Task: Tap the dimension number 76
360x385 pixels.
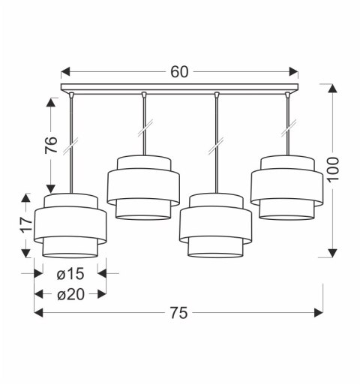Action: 49,146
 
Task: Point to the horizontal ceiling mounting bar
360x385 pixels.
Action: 179,90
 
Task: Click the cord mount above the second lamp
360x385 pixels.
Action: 142,95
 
